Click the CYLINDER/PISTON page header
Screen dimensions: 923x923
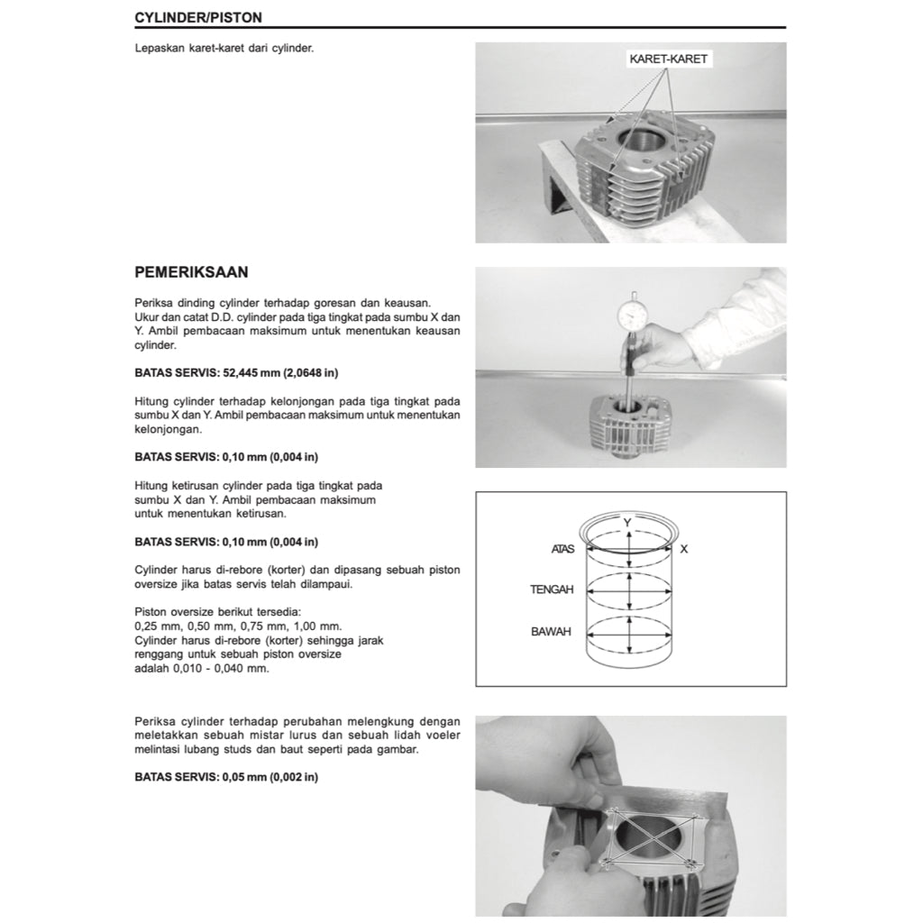pyautogui.click(x=198, y=17)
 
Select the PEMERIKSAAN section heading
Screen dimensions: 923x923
pyautogui.click(x=191, y=271)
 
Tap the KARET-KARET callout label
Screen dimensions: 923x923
pyautogui.click(x=668, y=59)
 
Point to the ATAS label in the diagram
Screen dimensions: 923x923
pyautogui.click(x=562, y=548)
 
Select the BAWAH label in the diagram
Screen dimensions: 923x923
pyautogui.click(x=551, y=632)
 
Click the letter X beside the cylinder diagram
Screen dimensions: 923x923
pyautogui.click(x=684, y=548)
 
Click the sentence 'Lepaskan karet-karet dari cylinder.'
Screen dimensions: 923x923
pyautogui.click(x=224, y=49)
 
